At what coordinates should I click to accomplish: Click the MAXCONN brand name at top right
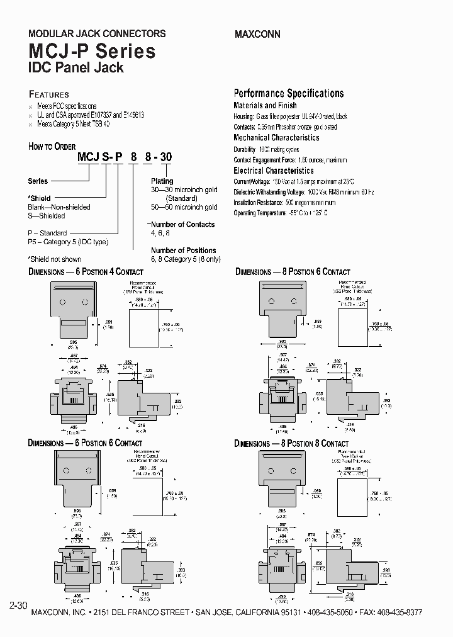[257, 34]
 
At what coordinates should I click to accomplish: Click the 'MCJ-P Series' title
[92, 51]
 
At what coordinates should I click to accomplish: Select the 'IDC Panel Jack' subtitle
[75, 67]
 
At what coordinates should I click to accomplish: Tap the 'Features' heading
[49, 94]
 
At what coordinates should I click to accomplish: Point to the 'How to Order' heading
[52, 147]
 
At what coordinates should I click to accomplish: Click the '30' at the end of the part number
[165, 157]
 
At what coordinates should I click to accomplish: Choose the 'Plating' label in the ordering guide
[162, 181]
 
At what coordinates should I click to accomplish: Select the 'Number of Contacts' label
[182, 224]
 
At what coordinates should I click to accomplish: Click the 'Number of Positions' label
[183, 250]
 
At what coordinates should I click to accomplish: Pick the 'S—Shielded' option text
[47, 216]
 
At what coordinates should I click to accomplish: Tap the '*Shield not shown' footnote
[55, 259]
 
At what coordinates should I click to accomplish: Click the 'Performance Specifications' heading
[289, 93]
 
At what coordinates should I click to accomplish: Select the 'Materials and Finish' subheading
[265, 106]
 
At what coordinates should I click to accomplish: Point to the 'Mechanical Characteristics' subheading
[276, 138]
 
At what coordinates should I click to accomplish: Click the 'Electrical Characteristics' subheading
[273, 171]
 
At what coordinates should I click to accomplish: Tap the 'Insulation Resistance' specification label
[257, 203]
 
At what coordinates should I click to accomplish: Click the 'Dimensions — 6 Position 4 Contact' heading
[86, 272]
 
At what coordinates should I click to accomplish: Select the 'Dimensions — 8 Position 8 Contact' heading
[291, 444]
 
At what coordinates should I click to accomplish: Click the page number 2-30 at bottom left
[18, 606]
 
